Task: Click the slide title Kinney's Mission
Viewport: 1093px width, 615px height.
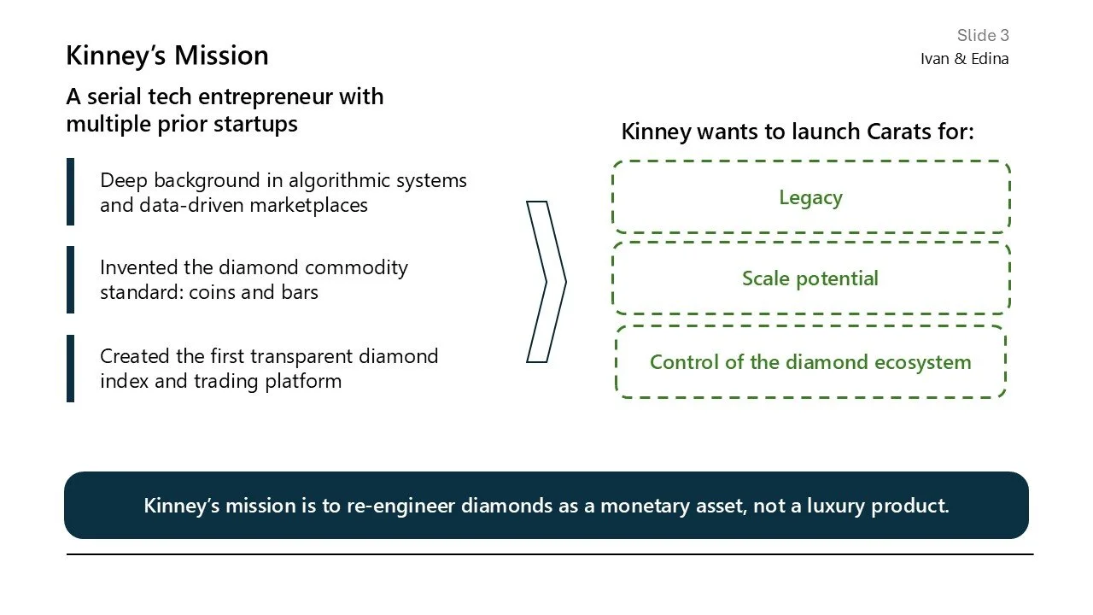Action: click(x=167, y=56)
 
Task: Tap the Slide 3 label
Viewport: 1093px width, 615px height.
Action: click(x=982, y=35)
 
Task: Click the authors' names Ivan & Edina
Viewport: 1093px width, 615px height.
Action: click(x=964, y=59)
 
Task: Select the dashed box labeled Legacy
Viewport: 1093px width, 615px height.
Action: click(x=810, y=197)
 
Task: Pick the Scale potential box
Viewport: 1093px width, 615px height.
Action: click(x=810, y=278)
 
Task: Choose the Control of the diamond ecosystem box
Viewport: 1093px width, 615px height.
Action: click(x=810, y=362)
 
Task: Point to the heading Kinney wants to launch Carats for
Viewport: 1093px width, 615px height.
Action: click(x=798, y=132)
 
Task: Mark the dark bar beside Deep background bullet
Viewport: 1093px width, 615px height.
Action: click(x=71, y=192)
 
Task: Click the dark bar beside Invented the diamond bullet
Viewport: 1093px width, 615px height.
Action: click(x=71, y=280)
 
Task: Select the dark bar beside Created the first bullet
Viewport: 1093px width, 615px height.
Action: click(x=71, y=368)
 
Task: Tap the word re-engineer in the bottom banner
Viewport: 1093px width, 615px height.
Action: click(x=402, y=505)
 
